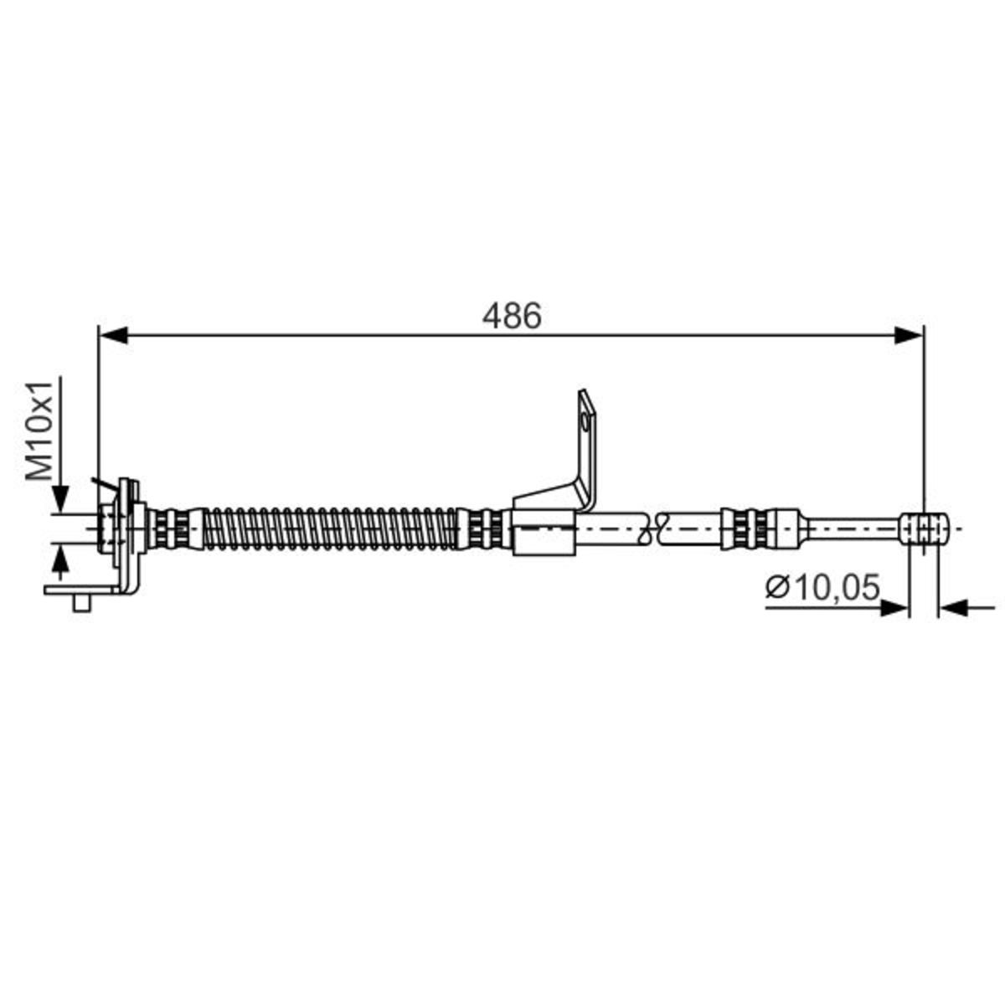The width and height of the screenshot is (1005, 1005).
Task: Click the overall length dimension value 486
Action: pos(512,316)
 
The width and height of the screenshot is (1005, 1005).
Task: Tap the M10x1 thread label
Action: pos(40,430)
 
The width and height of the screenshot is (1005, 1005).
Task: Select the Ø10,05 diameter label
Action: pos(822,587)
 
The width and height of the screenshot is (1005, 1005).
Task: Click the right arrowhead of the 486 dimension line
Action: pos(909,335)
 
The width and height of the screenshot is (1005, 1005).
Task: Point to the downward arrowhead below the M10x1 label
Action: pos(61,499)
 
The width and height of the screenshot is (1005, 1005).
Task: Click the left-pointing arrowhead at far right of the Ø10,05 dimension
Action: pos(953,608)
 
